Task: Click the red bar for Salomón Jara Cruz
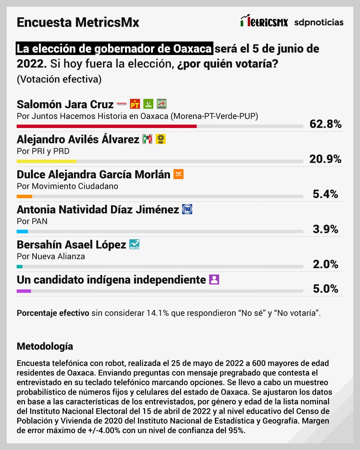107,126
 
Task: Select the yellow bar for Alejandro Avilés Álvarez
47,161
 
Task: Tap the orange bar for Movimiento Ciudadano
24,196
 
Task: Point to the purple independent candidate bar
24,291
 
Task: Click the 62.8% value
325,124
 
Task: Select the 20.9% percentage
325,159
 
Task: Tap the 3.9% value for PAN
325,229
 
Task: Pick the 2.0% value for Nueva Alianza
325,264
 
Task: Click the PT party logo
135,104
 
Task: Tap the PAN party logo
187,209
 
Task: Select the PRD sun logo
161,139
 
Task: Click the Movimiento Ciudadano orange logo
178,174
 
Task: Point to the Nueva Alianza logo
134,244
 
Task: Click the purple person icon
214,279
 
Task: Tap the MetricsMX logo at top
264,22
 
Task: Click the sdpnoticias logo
319,22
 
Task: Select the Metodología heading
45,346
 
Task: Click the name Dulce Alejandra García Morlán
93,174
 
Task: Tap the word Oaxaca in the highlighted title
192,49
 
